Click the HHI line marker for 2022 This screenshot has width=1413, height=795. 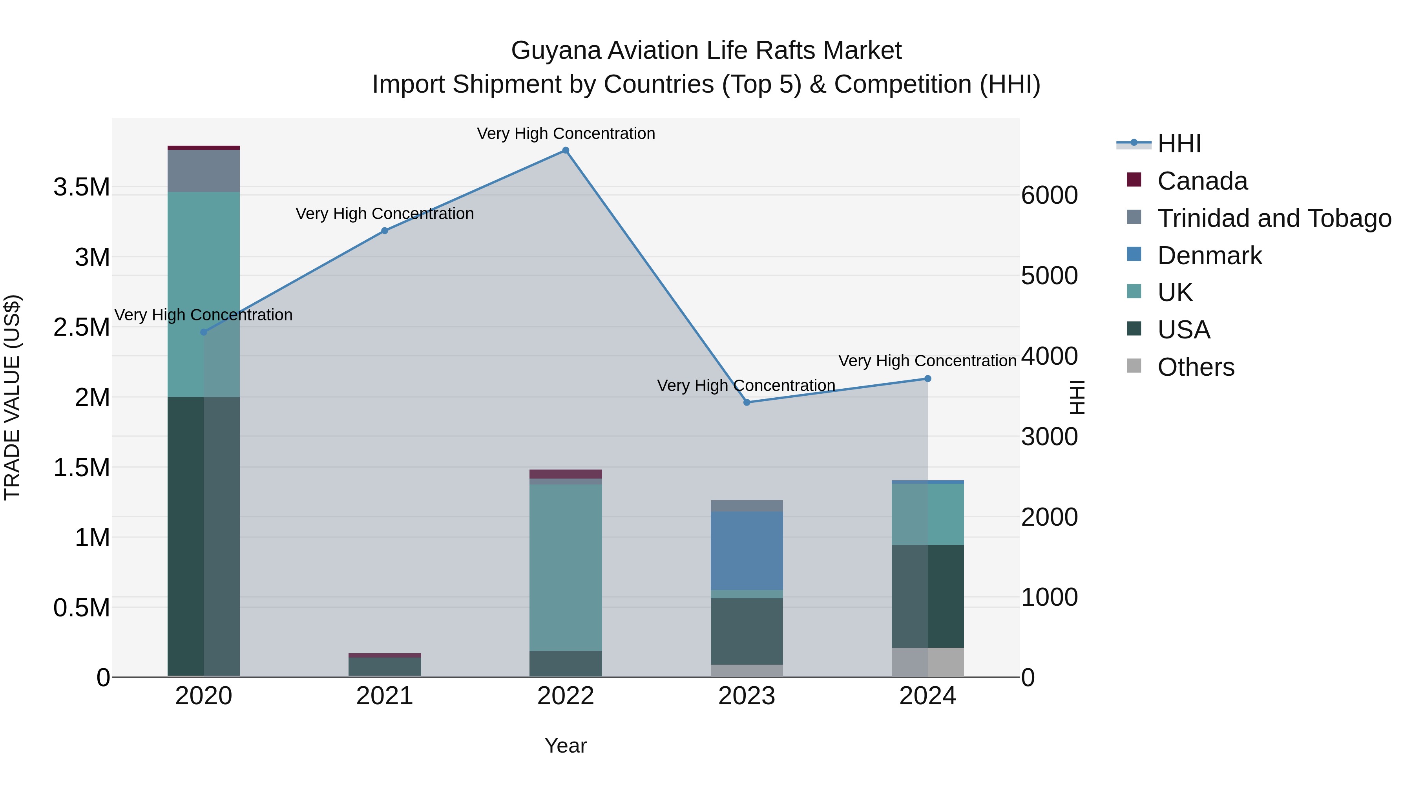click(566, 150)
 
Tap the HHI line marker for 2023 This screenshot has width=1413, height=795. click(747, 402)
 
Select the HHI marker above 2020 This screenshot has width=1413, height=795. click(203, 332)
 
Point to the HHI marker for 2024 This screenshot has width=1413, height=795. click(927, 378)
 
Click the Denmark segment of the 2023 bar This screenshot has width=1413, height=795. click(747, 550)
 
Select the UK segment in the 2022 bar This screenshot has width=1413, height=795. click(566, 567)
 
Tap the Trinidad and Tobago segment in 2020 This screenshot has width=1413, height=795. click(203, 171)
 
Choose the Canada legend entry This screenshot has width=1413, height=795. click(1202, 181)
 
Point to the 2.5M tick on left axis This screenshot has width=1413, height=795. click(82, 327)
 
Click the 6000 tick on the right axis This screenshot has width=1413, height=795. click(1049, 196)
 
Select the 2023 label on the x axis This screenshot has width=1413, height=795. click(747, 696)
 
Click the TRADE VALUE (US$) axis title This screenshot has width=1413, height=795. click(12, 397)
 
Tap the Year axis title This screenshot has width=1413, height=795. click(566, 746)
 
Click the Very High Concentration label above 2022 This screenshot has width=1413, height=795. click(566, 133)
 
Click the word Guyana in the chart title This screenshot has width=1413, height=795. click(555, 51)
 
